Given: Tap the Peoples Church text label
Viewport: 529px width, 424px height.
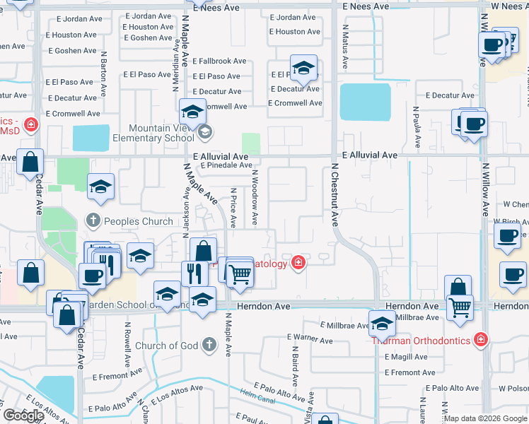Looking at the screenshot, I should click(138, 221).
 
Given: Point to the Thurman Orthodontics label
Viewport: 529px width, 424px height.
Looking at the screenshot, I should click(421, 341).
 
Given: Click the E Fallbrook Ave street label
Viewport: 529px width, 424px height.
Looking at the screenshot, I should click(219, 61).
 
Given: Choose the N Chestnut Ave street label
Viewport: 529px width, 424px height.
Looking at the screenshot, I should click(335, 194).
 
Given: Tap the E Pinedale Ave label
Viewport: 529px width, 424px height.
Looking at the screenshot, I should click(226, 165).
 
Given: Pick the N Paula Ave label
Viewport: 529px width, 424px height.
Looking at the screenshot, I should click(417, 127).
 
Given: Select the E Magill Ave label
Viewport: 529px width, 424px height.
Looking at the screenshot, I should click(407, 358).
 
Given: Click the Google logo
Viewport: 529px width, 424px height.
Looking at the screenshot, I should click(23, 416).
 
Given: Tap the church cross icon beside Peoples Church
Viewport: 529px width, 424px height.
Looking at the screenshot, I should click(92, 221).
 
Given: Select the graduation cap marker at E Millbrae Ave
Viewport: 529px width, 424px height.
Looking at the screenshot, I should click(382, 323).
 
